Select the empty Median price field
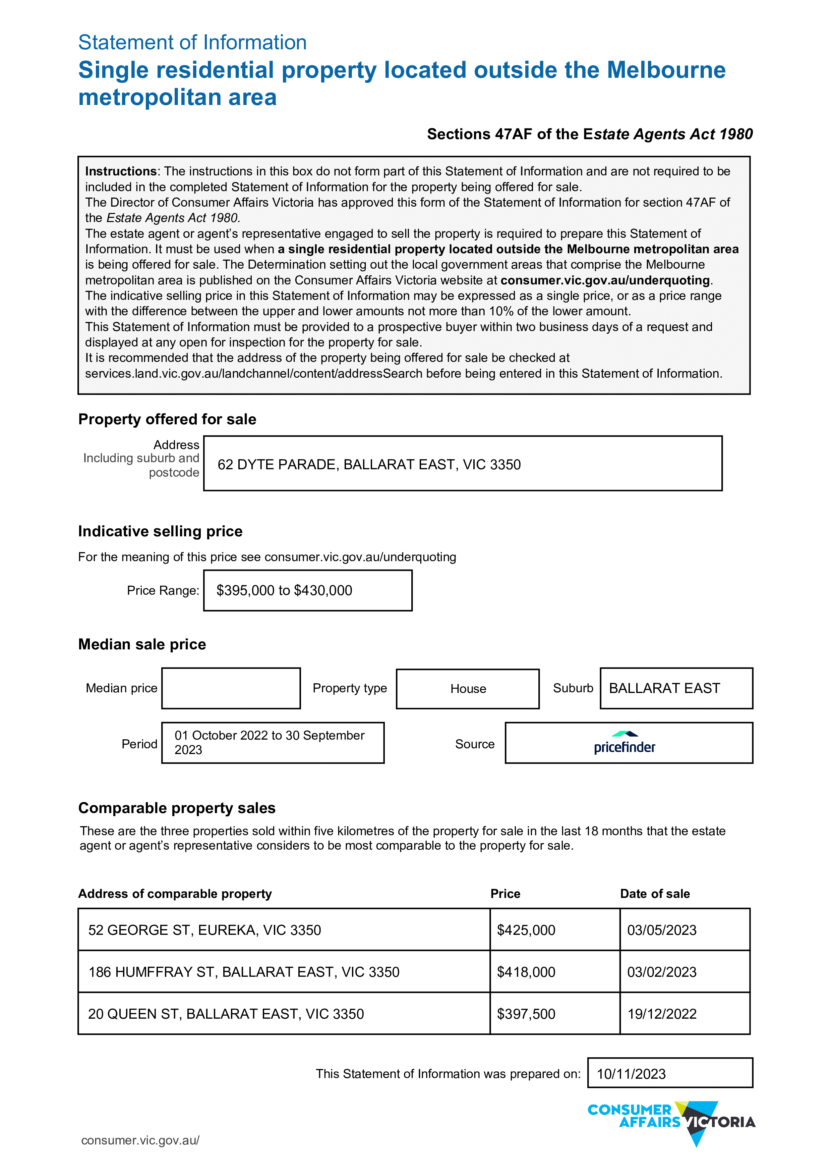[231, 688]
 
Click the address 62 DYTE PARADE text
[368, 464]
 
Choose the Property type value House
[468, 689]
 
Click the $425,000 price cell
[526, 930]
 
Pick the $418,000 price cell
[526, 972]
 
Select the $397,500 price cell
[526, 1014]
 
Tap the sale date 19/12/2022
[662, 1014]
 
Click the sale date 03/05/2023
[662, 930]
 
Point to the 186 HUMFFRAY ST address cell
[244, 972]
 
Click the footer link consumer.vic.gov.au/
[140, 1140]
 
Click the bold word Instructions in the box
[121, 171]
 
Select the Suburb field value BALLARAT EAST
[664, 688]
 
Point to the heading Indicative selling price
[160, 531]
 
